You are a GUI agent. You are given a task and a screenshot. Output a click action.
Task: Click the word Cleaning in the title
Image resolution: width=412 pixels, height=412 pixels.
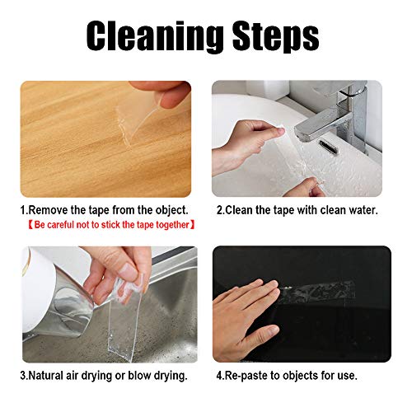(x=155, y=35)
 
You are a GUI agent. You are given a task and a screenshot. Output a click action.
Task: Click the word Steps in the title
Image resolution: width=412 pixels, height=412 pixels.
(x=275, y=35)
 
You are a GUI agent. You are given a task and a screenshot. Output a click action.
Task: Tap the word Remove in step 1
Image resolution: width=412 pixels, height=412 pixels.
(x=49, y=210)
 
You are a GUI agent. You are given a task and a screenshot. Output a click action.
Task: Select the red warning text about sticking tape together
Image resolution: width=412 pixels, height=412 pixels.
(x=111, y=225)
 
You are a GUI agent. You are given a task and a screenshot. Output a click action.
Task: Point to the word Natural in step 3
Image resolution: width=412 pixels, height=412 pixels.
(x=45, y=375)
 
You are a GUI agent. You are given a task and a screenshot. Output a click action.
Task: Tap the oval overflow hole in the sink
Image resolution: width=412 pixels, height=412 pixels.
(x=328, y=147)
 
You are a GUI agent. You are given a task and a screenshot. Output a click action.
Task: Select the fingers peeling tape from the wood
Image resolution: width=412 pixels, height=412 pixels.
(x=162, y=92)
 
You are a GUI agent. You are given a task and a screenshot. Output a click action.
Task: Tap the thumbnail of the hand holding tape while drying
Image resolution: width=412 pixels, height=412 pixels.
(x=129, y=270)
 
